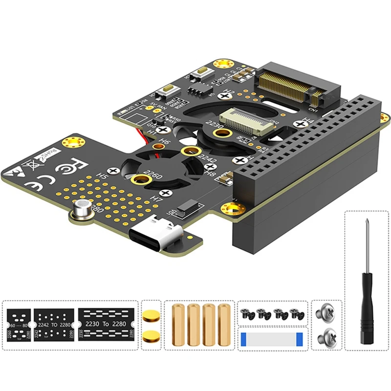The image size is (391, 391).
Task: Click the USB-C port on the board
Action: [x=155, y=234]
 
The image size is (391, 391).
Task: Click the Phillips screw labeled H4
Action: [x=300, y=125]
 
